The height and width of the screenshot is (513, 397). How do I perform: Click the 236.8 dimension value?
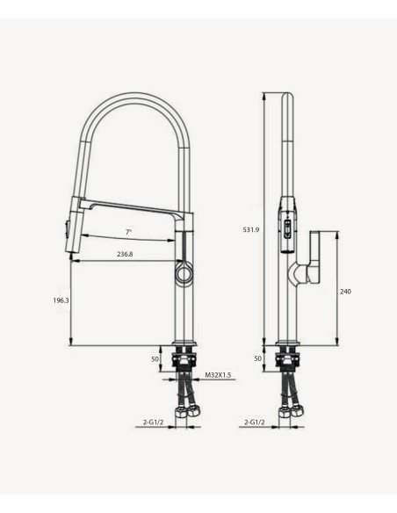pos(125,254)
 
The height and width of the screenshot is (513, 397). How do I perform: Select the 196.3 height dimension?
pos(61,300)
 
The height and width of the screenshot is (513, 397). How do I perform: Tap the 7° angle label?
pos(129,232)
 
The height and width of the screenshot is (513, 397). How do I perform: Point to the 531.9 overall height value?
pos(251,229)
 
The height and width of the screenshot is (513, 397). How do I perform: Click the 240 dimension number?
pos(345,292)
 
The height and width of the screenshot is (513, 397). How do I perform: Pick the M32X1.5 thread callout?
pos(218,375)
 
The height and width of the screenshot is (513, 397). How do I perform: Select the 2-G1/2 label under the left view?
pos(153,422)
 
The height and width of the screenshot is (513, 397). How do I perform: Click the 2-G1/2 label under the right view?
pos(255,422)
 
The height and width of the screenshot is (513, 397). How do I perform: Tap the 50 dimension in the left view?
pos(155,359)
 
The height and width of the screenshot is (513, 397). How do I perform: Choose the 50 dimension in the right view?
pos(258,358)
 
